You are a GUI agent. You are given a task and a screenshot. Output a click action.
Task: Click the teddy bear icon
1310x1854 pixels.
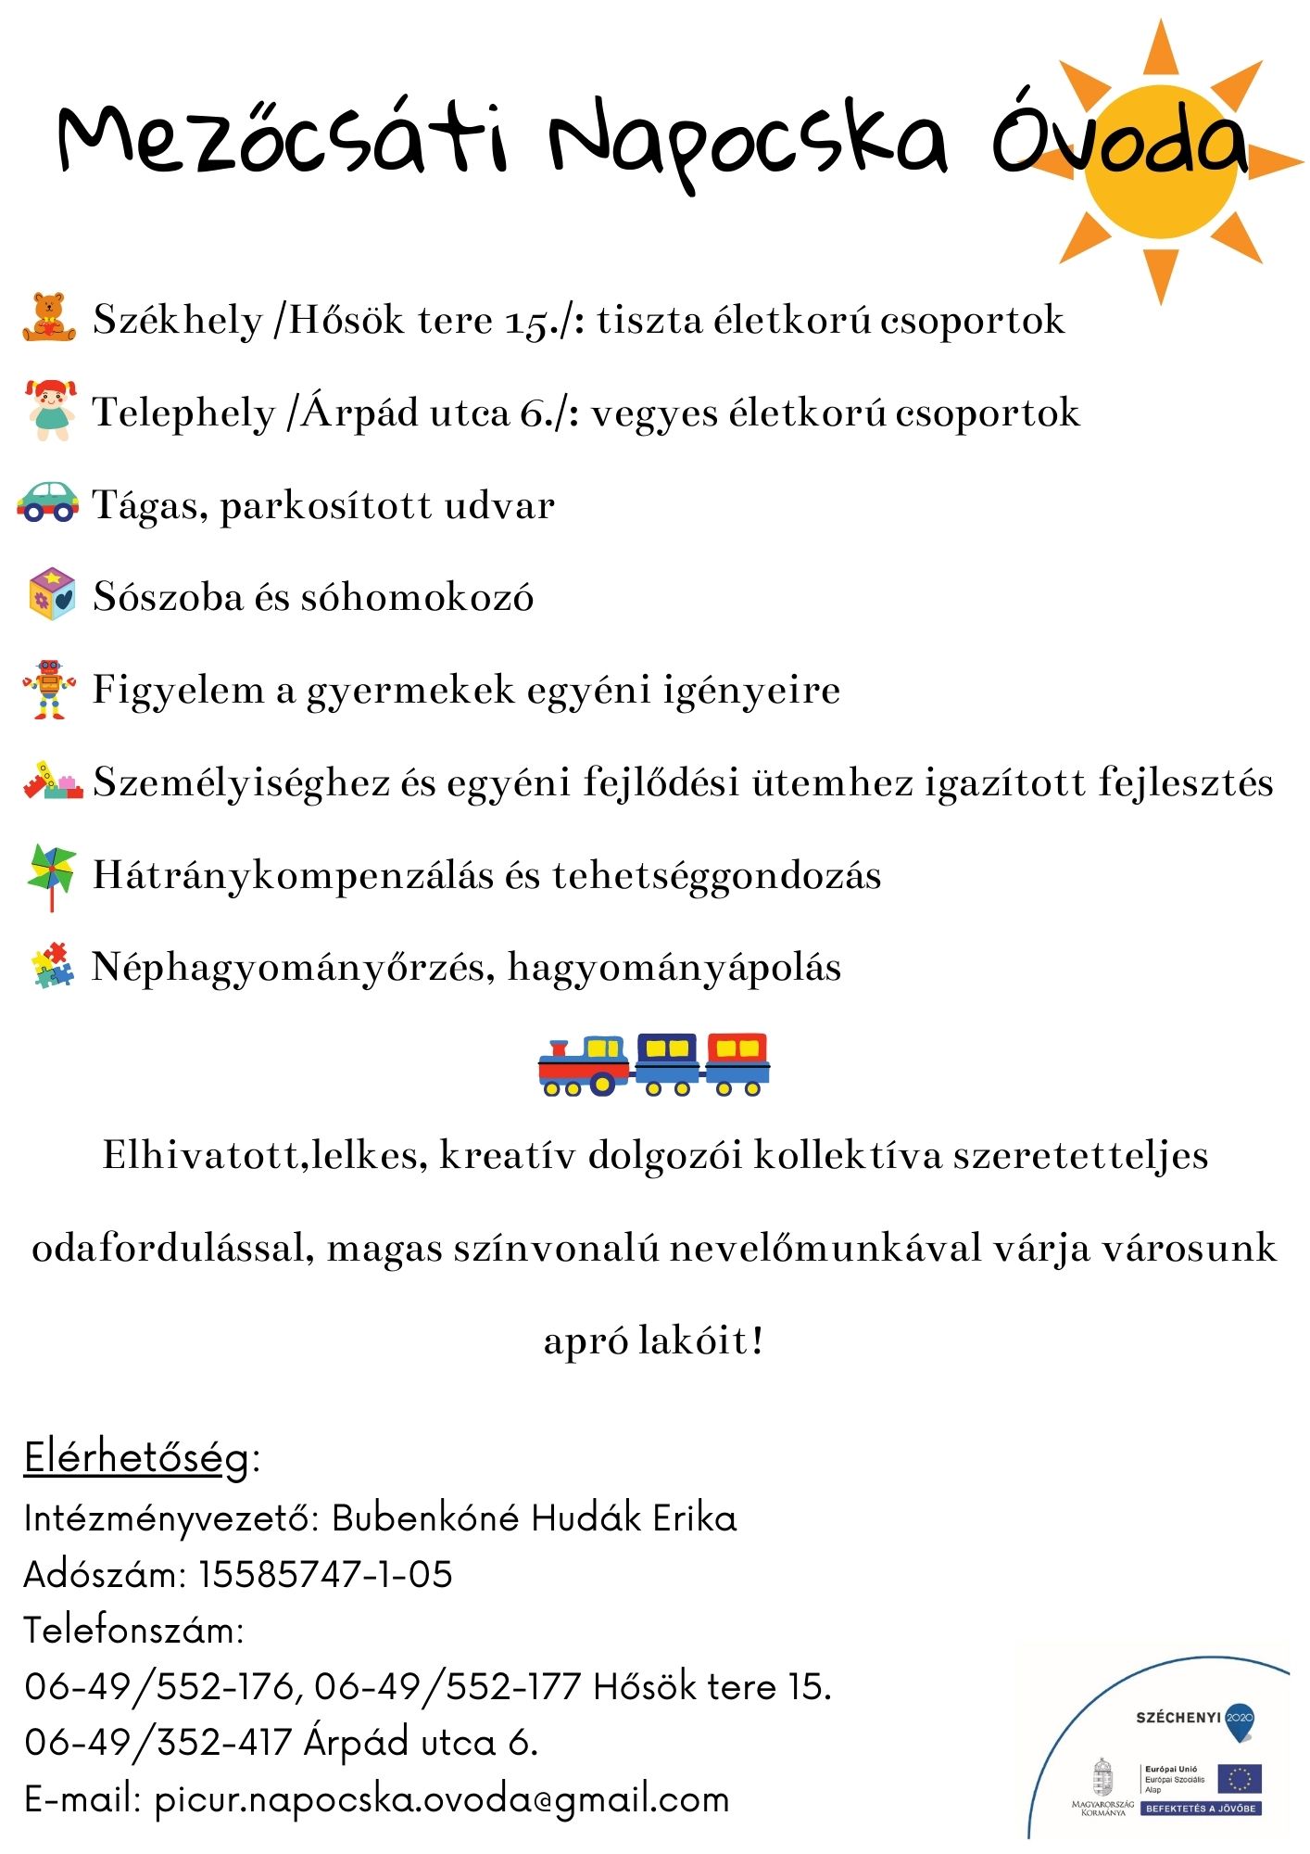(50, 318)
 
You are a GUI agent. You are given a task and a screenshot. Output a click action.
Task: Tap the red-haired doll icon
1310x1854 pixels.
(50, 410)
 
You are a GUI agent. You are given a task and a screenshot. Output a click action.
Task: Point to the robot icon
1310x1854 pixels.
(49, 689)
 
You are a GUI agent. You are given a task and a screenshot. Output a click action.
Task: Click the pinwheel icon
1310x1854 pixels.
(51, 874)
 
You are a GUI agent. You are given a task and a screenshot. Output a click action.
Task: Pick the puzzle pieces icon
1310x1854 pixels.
(53, 966)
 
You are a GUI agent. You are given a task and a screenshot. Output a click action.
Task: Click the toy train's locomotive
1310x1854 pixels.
(584, 1066)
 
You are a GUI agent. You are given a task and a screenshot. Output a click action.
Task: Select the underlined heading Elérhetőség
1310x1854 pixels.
(137, 1458)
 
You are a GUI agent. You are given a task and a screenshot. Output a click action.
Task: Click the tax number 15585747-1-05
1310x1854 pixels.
(325, 1575)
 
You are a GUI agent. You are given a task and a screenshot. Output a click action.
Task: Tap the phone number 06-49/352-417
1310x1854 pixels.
(158, 1743)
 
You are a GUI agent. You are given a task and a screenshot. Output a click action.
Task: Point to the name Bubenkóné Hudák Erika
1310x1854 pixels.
(535, 1518)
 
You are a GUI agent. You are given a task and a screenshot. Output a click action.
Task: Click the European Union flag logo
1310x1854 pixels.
(1240, 1779)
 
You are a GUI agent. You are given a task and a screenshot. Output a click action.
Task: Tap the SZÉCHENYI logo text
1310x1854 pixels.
(1178, 1718)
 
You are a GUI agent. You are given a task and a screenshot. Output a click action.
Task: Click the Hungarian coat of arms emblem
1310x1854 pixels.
(1102, 1777)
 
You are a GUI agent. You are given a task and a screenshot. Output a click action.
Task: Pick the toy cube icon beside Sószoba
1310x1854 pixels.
(52, 594)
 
